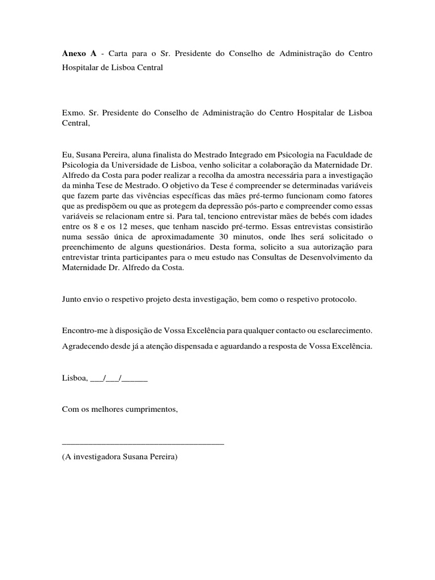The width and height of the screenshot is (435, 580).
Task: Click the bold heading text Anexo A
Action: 78,53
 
